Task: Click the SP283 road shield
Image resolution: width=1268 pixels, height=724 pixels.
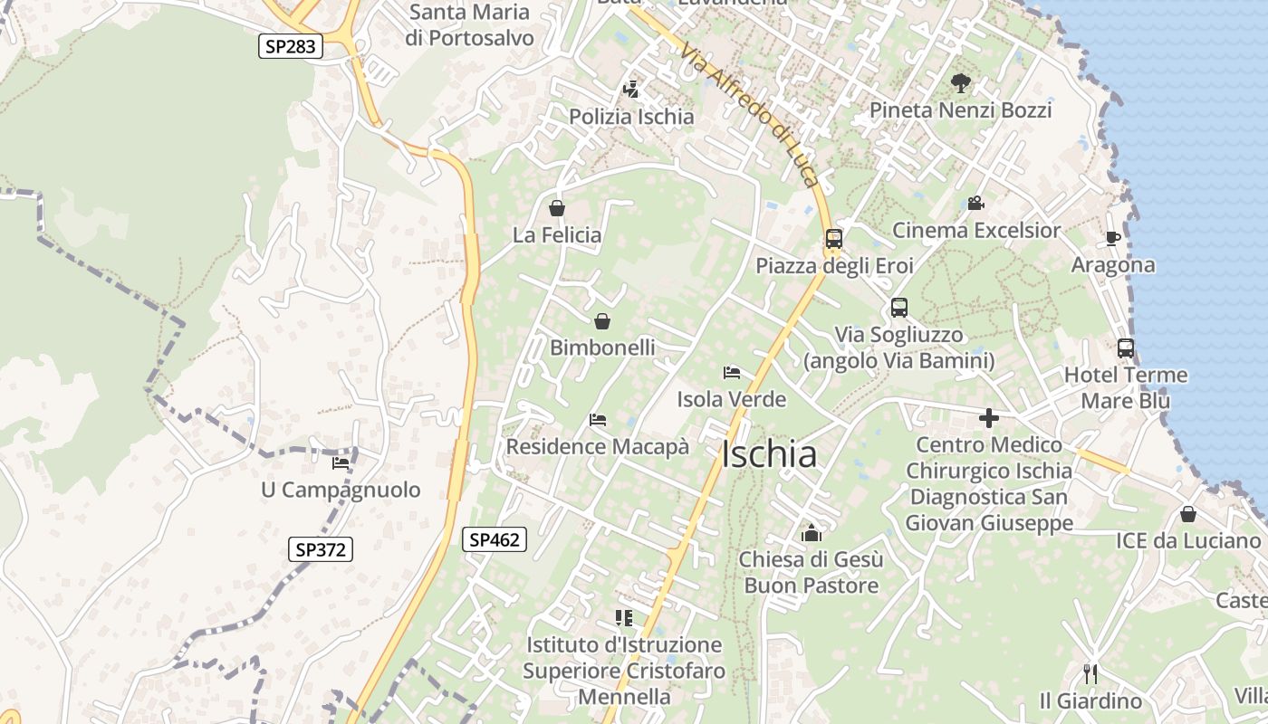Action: pyautogui.click(x=291, y=46)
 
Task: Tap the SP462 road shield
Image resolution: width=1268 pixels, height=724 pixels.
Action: pyautogui.click(x=495, y=539)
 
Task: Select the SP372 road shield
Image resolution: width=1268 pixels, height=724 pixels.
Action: pyautogui.click(x=321, y=548)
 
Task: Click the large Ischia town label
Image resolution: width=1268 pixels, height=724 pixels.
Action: pyautogui.click(x=769, y=454)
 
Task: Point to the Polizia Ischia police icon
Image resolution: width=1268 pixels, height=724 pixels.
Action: pyautogui.click(x=631, y=90)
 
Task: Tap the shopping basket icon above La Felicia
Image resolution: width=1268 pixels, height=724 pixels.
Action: pyautogui.click(x=557, y=208)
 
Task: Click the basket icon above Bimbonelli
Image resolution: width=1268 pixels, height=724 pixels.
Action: pyautogui.click(x=602, y=321)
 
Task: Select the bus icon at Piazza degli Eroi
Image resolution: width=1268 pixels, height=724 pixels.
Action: pyautogui.click(x=833, y=239)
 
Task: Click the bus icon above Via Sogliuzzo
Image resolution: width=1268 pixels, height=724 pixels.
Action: pyautogui.click(x=898, y=308)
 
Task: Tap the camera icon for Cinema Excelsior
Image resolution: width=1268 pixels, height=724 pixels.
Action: pyautogui.click(x=975, y=203)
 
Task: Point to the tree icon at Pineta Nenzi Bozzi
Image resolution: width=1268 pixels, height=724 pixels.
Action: pyautogui.click(x=960, y=83)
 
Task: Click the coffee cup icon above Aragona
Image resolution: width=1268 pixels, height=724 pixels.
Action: pyautogui.click(x=1113, y=238)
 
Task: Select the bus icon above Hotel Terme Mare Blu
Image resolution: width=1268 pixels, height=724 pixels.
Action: pyautogui.click(x=1126, y=348)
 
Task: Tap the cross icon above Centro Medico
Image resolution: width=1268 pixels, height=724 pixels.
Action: pyautogui.click(x=989, y=418)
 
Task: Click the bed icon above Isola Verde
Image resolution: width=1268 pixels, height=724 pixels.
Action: pyautogui.click(x=732, y=372)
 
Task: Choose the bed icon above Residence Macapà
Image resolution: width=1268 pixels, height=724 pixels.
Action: pyautogui.click(x=597, y=420)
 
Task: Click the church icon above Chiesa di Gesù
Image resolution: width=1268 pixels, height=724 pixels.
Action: pyautogui.click(x=811, y=533)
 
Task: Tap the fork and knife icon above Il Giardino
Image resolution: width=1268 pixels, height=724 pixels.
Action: pyautogui.click(x=1090, y=674)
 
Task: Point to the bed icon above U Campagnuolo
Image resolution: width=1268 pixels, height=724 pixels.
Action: pyautogui.click(x=341, y=462)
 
